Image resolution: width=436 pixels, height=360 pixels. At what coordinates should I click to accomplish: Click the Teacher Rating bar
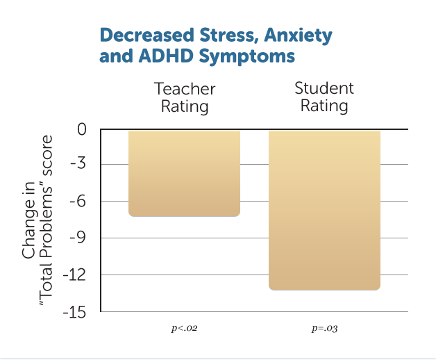pyautogui.click(x=184, y=173)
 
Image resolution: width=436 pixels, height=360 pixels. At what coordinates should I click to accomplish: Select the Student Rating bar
pyautogui.click(x=324, y=209)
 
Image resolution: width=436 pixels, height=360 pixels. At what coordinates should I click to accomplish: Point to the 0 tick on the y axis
pyautogui.click(x=83, y=129)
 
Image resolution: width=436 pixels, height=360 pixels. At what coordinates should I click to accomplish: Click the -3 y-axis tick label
pyautogui.click(x=79, y=165)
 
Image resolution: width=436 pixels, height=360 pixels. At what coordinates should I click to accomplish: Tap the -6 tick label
pyautogui.click(x=79, y=202)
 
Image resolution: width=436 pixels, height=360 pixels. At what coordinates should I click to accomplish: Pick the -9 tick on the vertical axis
pyautogui.click(x=79, y=238)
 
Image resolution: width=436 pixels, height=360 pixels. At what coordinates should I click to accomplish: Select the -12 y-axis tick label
pyautogui.click(x=76, y=275)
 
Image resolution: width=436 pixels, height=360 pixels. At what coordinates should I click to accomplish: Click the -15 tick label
pyautogui.click(x=76, y=312)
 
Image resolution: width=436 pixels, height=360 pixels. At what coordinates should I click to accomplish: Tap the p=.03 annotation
pyautogui.click(x=324, y=327)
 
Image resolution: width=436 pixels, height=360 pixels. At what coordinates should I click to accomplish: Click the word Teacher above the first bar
pyautogui.click(x=185, y=90)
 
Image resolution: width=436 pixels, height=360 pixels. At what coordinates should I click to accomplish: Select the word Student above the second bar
pyautogui.click(x=324, y=88)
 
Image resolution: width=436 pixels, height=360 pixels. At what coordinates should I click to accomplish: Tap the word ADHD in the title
pyautogui.click(x=155, y=56)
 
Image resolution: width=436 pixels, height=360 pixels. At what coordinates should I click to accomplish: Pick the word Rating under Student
pyautogui.click(x=324, y=106)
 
